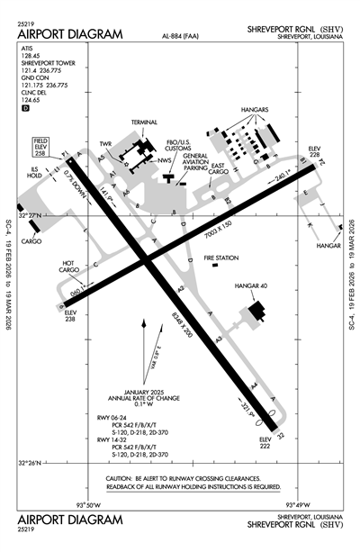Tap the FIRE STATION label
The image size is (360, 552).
(220, 258)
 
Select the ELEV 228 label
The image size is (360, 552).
(314, 151)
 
